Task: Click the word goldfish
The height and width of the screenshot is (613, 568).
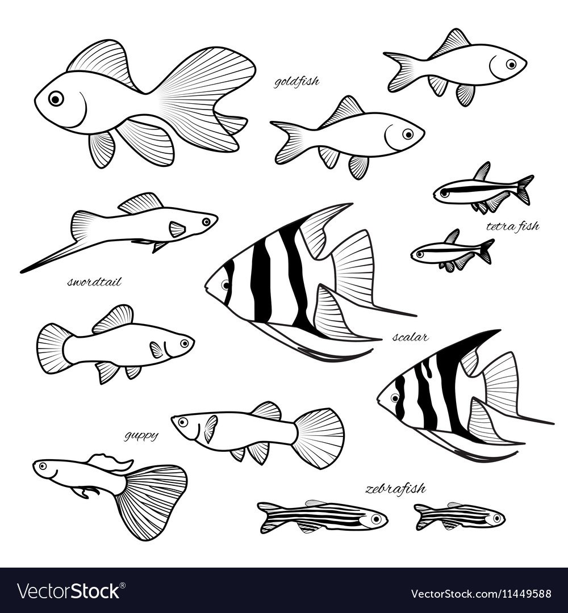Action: tap(296, 82)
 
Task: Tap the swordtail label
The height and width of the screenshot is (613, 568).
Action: tap(94, 282)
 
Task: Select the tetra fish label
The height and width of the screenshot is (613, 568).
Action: tap(512, 226)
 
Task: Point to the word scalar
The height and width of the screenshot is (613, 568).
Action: tap(410, 337)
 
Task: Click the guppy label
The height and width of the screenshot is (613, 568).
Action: tap(141, 436)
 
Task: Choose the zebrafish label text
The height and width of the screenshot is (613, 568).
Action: tap(395, 489)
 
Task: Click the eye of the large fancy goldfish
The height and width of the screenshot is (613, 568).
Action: tap(56, 99)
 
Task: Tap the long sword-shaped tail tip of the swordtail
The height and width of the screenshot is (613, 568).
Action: tap(22, 271)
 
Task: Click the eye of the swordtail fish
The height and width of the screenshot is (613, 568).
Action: tap(206, 222)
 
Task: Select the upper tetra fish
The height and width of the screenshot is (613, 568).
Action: tap(483, 188)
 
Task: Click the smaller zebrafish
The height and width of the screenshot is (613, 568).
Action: tap(460, 516)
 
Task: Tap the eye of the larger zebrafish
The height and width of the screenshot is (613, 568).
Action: tap(377, 519)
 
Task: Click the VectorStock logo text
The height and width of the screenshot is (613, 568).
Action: tap(69, 591)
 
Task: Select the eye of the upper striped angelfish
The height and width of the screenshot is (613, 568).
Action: tap(225, 284)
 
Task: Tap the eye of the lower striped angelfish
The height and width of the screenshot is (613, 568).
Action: tap(395, 398)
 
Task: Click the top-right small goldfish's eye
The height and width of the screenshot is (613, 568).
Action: tap(511, 64)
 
